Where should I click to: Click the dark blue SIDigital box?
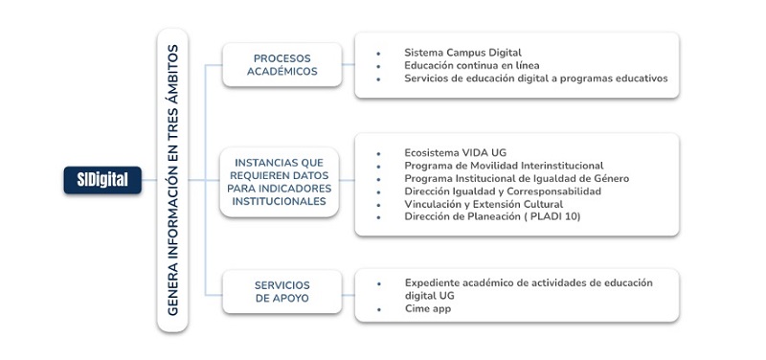pyautogui.click(x=102, y=179)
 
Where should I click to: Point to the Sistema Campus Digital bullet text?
pyautogui.click(x=462, y=53)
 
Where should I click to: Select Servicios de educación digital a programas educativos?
pyautogui.click(x=535, y=79)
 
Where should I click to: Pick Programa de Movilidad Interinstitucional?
pyautogui.click(x=504, y=166)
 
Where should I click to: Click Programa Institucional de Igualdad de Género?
pyautogui.click(x=516, y=178)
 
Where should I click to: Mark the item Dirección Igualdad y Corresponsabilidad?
pyautogui.click(x=503, y=191)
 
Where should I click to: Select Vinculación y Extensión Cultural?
pyautogui.click(x=484, y=204)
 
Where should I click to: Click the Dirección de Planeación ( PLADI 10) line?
pyautogui.click(x=492, y=217)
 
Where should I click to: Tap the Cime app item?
pyautogui.click(x=427, y=308)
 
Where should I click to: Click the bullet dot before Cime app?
pyautogui.click(x=379, y=309)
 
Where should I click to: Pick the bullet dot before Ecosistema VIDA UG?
pyautogui.click(x=379, y=153)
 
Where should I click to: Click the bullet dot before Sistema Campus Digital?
pyautogui.click(x=379, y=54)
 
